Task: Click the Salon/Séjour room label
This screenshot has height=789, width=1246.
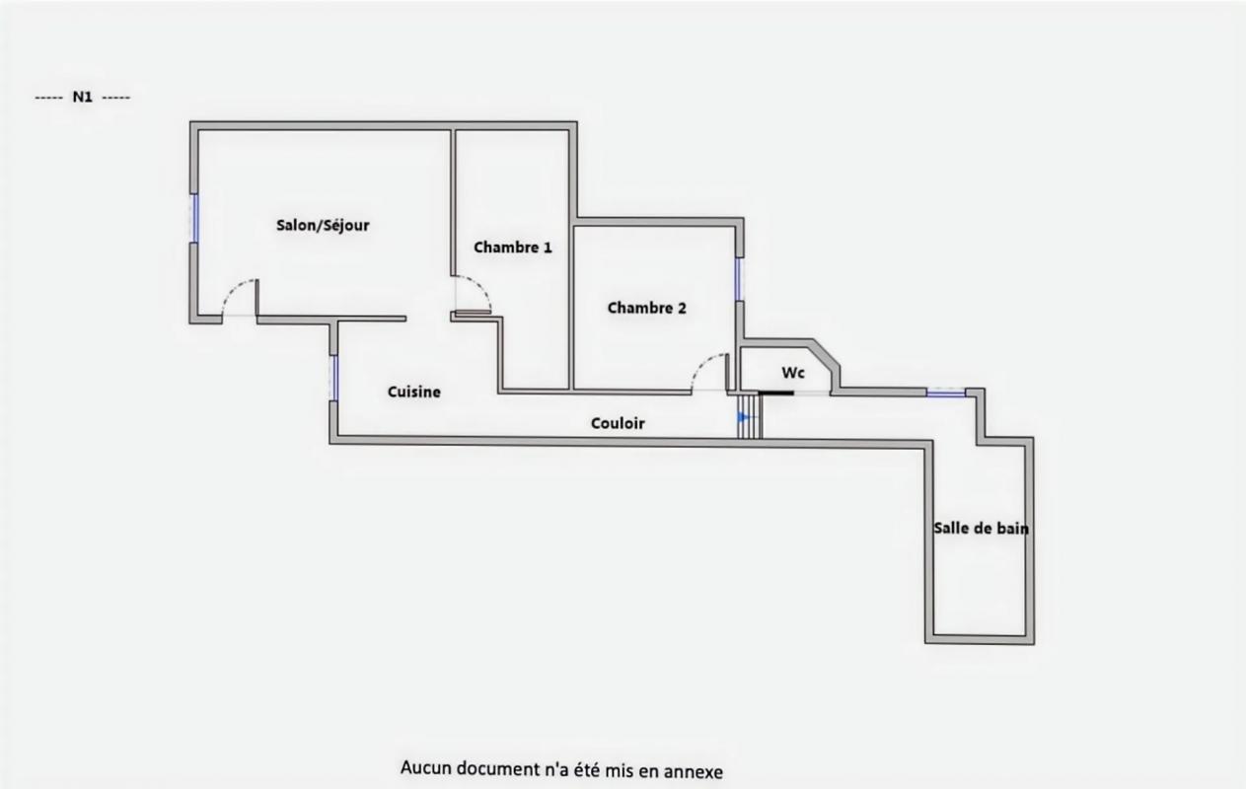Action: (323, 226)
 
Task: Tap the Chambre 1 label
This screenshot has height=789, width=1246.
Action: (512, 248)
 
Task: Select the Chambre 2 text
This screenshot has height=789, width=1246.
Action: (646, 308)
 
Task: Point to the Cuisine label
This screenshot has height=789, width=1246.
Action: (413, 393)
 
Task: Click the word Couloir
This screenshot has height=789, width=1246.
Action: (618, 423)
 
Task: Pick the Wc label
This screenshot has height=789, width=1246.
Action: (793, 373)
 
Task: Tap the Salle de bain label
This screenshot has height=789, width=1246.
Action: (981, 529)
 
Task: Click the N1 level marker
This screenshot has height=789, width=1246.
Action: (82, 98)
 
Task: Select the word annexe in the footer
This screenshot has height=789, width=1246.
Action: (691, 770)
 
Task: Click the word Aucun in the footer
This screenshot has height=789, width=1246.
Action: (422, 768)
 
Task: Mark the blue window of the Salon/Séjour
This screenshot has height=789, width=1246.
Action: (194, 218)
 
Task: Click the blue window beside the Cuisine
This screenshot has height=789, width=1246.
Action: (334, 379)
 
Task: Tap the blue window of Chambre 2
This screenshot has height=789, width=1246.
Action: (738, 279)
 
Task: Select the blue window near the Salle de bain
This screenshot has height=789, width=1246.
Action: (945, 394)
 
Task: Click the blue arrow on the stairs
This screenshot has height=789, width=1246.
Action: (743, 419)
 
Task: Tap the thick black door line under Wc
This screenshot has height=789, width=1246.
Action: (776, 394)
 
